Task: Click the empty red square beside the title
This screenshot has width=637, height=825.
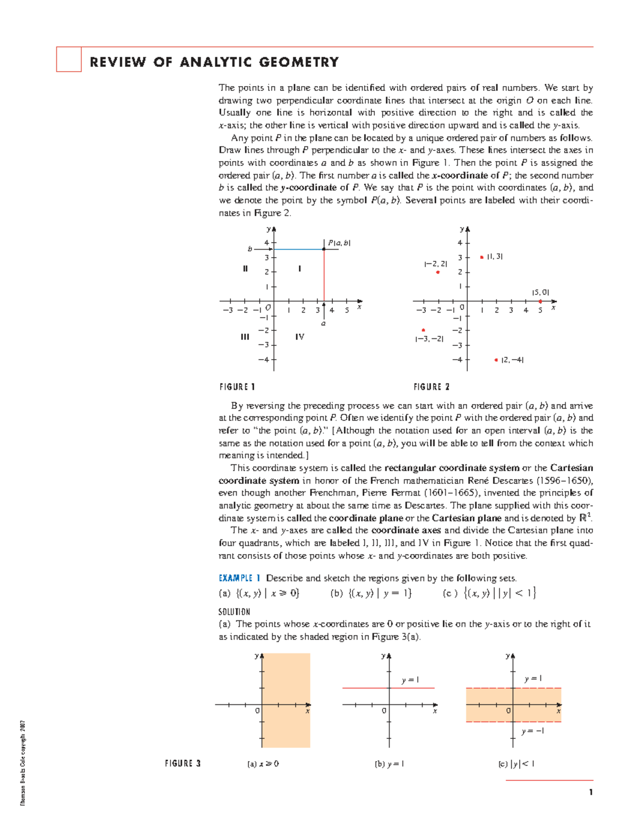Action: coord(69,59)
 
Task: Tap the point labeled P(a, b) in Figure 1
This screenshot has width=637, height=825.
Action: coord(324,249)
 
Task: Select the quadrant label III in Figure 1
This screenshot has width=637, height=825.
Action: coord(245,337)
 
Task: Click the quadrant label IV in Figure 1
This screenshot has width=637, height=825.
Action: coord(300,337)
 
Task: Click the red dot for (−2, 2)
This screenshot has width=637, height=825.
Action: coord(438,273)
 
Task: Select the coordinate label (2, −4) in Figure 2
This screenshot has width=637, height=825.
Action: coord(512,360)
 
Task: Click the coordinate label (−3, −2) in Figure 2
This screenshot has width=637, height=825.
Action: coord(429,339)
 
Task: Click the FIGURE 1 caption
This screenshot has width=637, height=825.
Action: coord(237,387)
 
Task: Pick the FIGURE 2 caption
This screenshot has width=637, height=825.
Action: coord(432,387)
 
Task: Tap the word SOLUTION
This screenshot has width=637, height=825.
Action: coord(234,611)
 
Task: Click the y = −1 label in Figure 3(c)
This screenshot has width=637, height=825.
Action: coord(532,731)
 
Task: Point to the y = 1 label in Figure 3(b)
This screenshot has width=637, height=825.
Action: coord(410,680)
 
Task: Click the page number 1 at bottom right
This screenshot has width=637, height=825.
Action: coord(590,792)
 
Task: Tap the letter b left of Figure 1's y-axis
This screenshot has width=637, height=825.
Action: coord(250,249)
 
